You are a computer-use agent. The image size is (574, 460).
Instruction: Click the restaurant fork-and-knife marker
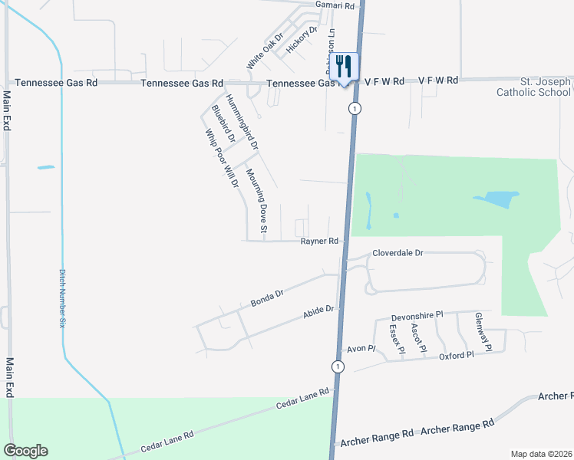pyautogui.click(x=343, y=67)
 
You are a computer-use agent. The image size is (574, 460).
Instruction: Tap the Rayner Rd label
pyautogui.click(x=319, y=241)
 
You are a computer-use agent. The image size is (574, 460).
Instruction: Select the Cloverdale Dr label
pyautogui.click(x=398, y=252)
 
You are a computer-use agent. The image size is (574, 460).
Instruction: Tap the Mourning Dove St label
pyautogui.click(x=257, y=202)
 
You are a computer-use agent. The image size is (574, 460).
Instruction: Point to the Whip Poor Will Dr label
pyautogui.click(x=221, y=158)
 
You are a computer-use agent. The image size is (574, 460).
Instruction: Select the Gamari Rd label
pyautogui.click(x=338, y=5)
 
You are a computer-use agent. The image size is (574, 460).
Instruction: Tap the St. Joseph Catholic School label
pyautogui.click(x=534, y=87)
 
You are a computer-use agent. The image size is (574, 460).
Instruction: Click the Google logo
pyautogui.click(x=25, y=451)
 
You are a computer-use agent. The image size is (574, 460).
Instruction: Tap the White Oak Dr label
pyautogui.click(x=266, y=51)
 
